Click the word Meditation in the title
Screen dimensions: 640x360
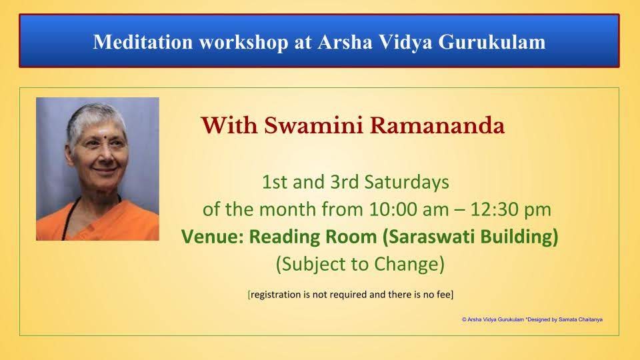pos(143,41)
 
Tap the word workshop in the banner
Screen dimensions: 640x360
pos(243,43)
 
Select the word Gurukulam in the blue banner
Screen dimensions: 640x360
pos(492,41)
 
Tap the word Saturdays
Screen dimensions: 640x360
pos(407,183)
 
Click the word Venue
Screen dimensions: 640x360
pos(212,237)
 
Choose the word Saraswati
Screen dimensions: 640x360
pos(428,237)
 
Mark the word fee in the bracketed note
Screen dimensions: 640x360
pos(443,294)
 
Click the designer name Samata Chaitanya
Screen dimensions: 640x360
pos(581,319)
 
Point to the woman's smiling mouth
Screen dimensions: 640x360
pos(103,169)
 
